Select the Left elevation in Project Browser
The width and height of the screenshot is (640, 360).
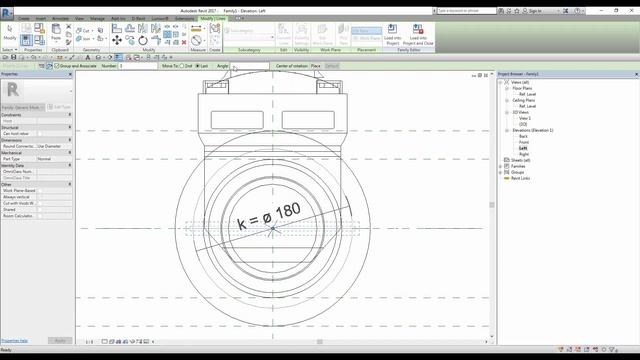coord(523,148)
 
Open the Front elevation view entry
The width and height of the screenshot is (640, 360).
coord(524,142)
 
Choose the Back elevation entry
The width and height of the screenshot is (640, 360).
coord(524,136)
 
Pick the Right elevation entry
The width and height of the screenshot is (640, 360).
coord(524,154)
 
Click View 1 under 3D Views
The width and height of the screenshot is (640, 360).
coord(524,118)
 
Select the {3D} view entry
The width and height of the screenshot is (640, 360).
coord(523,124)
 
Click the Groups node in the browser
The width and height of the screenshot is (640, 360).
coord(518,172)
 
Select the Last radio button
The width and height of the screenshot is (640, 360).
coord(197,66)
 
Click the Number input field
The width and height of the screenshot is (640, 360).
coord(137,66)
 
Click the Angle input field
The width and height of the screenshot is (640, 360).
coord(250,66)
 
